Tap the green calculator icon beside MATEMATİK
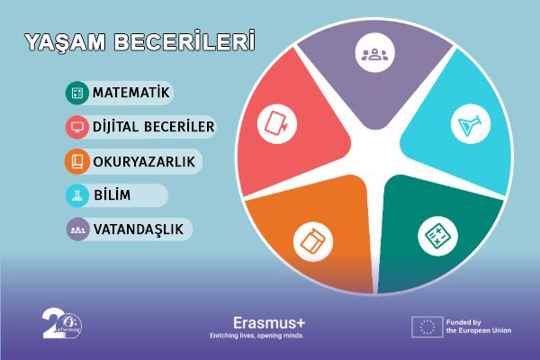pyautogui.click(x=76, y=93)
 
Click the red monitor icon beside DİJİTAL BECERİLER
pyautogui.click(x=76, y=127)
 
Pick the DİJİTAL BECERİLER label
pyautogui.click(x=153, y=127)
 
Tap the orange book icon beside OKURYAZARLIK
pyautogui.click(x=76, y=161)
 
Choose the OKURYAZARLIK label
pyautogui.click(x=143, y=161)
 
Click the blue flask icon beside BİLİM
pyautogui.click(x=76, y=195)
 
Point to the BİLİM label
pyautogui.click(x=113, y=195)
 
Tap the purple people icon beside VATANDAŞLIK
pyautogui.click(x=76, y=229)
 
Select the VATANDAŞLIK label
pyautogui.click(x=138, y=229)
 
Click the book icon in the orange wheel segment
pyautogui.click(x=311, y=240)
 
